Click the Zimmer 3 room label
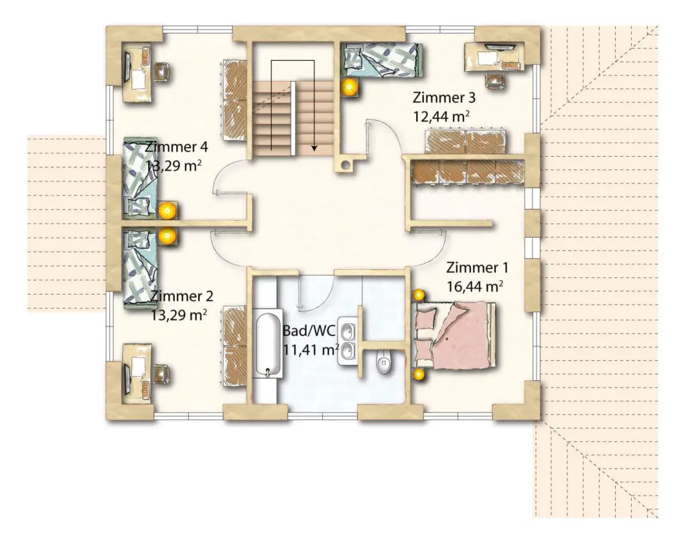443,97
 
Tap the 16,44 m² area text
475,287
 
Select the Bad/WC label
309,330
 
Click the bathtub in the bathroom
268,345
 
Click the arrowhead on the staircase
314,148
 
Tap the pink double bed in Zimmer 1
456,335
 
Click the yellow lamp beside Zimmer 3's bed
350,88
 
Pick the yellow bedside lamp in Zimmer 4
167,211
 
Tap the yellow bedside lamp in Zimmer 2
167,236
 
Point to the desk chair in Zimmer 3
496,80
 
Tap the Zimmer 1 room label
477,267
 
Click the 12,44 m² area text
441,116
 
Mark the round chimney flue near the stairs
346,165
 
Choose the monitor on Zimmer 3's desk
499,46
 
